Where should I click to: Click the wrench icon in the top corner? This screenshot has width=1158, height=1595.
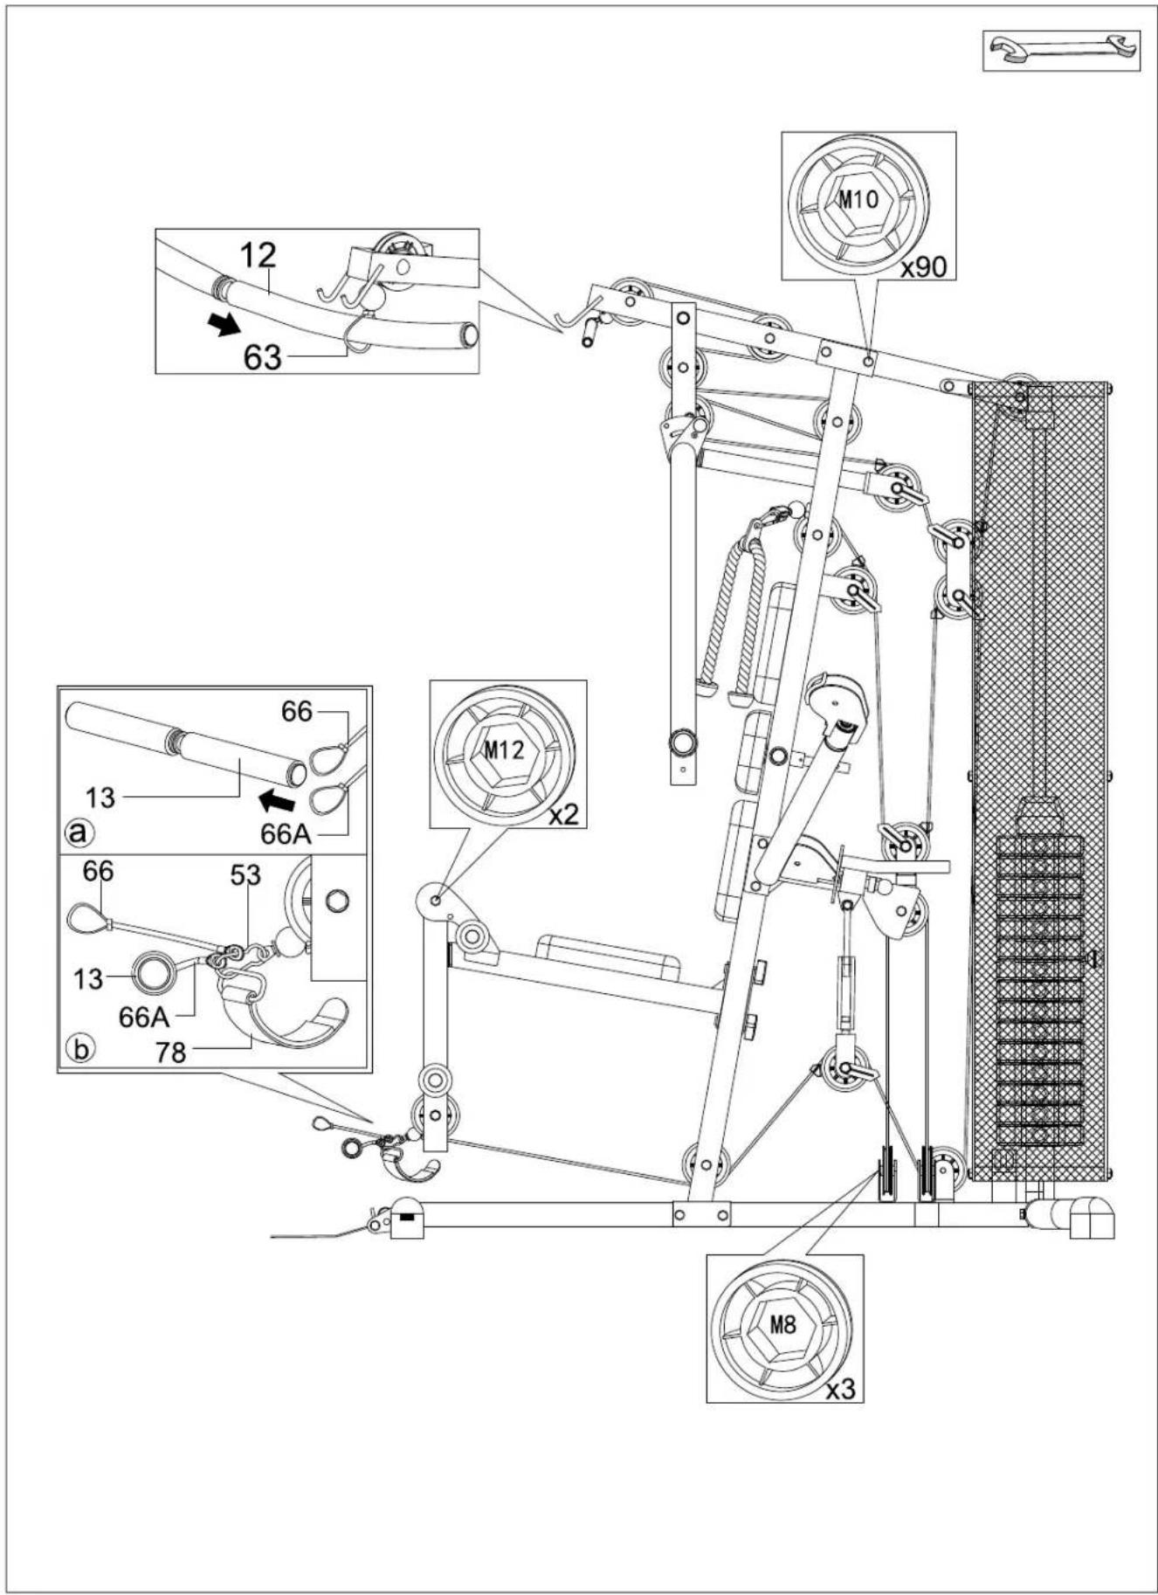click(1061, 50)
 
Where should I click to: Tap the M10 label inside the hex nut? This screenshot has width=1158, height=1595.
click(858, 199)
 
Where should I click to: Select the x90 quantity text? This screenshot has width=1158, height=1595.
click(924, 267)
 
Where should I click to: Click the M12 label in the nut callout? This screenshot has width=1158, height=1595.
click(504, 749)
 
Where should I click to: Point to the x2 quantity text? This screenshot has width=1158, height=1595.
click(563, 815)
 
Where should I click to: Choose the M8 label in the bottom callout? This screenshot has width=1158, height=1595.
click(783, 1323)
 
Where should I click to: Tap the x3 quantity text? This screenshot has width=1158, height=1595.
click(840, 1390)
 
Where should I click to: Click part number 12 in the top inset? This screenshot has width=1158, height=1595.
click(258, 255)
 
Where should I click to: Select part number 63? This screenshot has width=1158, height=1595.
click(263, 356)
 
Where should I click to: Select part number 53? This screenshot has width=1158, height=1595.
click(245, 874)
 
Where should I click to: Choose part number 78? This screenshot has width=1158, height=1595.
click(171, 1053)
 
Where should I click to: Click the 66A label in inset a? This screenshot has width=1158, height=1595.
click(286, 834)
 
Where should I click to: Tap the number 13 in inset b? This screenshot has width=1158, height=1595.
click(88, 979)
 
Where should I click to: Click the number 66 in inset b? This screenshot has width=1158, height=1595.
click(98, 871)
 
